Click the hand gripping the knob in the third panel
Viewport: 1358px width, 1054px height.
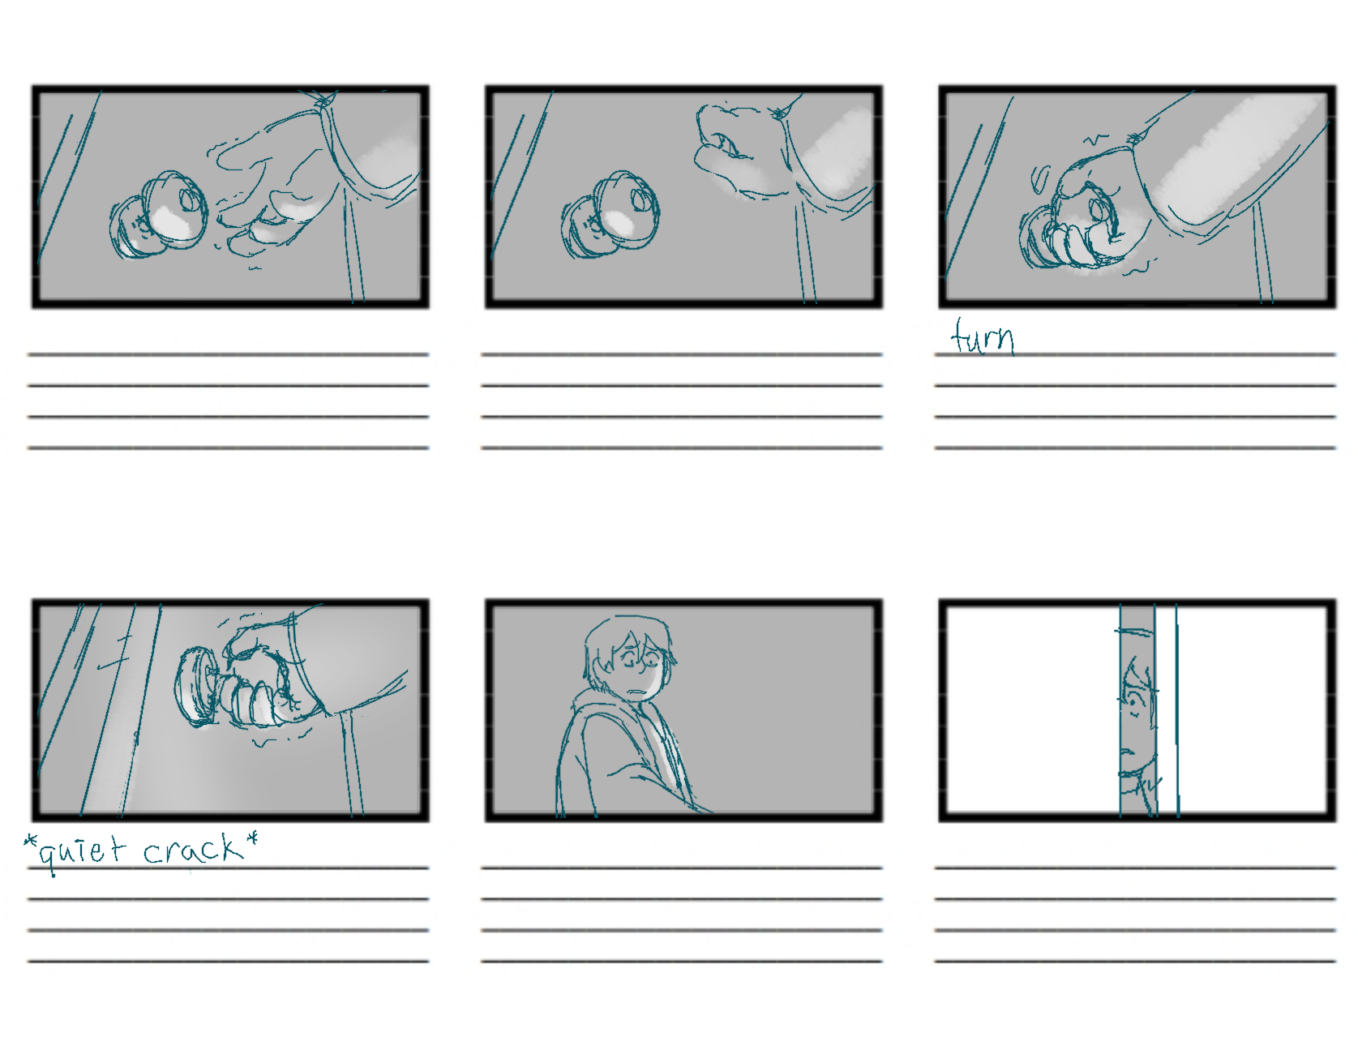(x=1090, y=215)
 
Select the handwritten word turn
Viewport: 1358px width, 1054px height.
(x=983, y=338)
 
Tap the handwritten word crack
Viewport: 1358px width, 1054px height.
(x=193, y=850)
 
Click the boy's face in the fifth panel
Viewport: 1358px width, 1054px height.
(x=640, y=669)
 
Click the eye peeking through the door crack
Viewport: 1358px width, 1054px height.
(x=1133, y=696)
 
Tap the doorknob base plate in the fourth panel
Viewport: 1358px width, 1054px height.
(x=193, y=687)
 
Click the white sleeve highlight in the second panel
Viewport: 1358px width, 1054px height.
(x=839, y=150)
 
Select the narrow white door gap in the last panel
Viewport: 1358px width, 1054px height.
(x=1166, y=710)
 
